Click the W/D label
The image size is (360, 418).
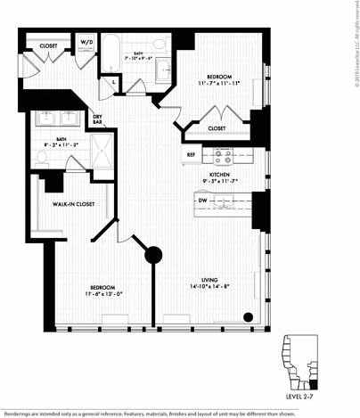tap(87, 41)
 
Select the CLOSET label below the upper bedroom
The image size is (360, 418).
tap(217, 128)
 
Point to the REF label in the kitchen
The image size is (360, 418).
tap(191, 154)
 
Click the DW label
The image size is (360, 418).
tap(203, 201)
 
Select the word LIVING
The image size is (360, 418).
tap(209, 279)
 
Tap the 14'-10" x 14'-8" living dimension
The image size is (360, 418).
tap(209, 286)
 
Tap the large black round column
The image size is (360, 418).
tap(153, 255)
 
